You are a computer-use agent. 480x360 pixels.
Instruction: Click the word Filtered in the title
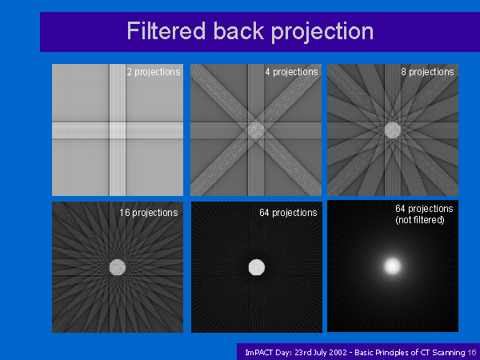(166, 30)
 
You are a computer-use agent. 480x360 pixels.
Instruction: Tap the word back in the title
(238, 30)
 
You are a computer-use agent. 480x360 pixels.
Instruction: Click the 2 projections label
(154, 72)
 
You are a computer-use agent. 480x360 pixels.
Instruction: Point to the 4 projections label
(291, 72)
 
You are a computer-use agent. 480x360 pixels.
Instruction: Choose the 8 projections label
(427, 72)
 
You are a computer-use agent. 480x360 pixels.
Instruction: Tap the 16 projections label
(149, 213)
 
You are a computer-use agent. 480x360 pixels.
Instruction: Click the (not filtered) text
(420, 220)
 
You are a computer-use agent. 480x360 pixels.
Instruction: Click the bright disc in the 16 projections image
(118, 267)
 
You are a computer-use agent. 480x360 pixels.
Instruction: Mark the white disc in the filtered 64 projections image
(257, 267)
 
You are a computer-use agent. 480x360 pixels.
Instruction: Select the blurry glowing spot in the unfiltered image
(393, 266)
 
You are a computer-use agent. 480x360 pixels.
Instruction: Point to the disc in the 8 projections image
(393, 130)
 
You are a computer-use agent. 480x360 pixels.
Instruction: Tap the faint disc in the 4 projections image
(256, 130)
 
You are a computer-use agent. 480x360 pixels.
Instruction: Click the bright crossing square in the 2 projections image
(118, 130)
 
